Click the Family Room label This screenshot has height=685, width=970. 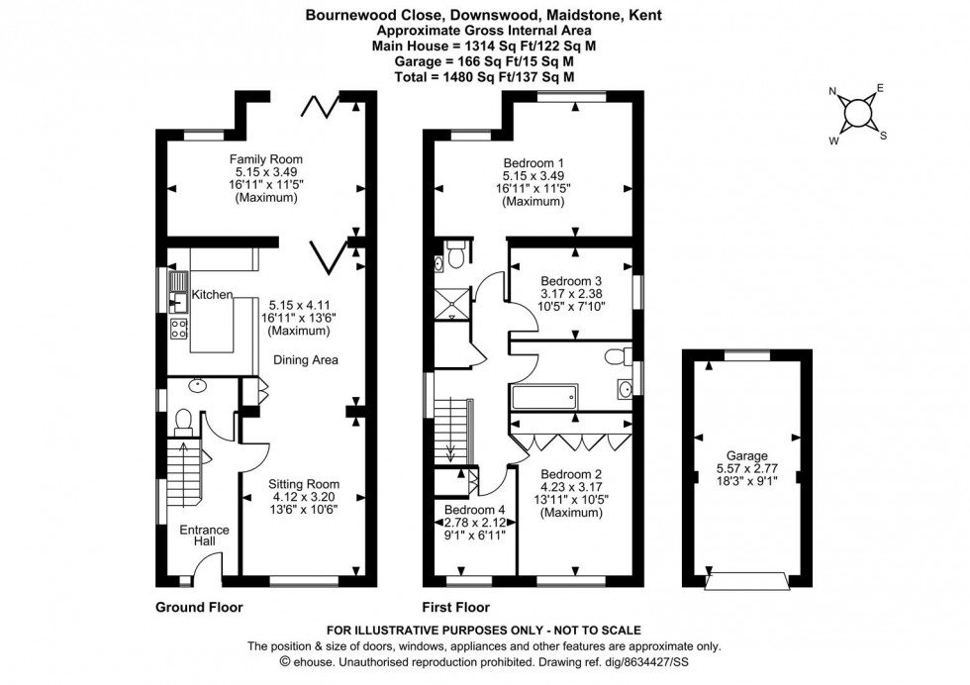(265, 159)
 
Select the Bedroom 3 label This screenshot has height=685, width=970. (571, 280)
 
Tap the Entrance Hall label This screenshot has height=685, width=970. (204, 537)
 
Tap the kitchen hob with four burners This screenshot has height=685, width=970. (180, 330)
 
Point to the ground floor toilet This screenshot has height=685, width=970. (183, 424)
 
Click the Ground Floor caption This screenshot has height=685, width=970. (199, 607)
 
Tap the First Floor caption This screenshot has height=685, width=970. (456, 607)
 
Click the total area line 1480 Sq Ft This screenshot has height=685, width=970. (484, 76)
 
